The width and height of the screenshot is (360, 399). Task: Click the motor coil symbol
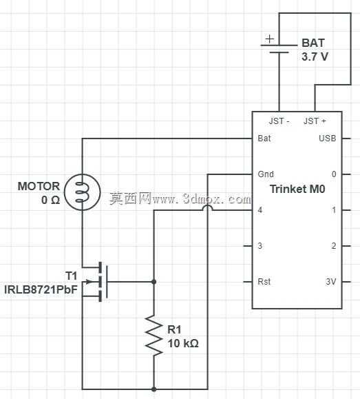coord(82,192)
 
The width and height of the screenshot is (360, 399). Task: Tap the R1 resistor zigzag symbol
coord(153,335)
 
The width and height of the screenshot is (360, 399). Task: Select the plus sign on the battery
coord(270,39)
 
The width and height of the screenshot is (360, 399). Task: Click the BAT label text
coord(313,43)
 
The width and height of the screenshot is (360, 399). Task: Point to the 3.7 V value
coord(315,57)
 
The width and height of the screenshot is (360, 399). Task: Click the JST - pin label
coord(279,121)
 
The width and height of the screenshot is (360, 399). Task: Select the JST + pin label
coord(315,121)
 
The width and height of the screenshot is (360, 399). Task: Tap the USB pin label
coord(328,139)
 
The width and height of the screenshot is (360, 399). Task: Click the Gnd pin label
coord(266,174)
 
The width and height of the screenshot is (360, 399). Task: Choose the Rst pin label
coord(264,282)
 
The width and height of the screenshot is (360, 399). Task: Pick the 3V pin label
coord(331,282)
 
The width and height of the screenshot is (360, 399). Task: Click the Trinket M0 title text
coord(297,189)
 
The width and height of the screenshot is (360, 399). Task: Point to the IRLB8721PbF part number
coord(41,290)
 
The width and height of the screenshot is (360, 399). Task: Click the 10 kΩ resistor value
coord(183,344)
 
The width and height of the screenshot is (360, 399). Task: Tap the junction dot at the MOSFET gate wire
coord(153,282)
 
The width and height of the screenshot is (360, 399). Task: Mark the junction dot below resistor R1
coord(153,389)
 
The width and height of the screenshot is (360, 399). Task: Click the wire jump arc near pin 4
coord(208,207)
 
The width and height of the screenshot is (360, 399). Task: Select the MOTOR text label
coord(39,186)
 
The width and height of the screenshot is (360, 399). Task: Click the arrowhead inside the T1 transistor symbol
coord(88,282)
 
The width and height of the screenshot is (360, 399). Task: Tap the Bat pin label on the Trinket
coord(264,139)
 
